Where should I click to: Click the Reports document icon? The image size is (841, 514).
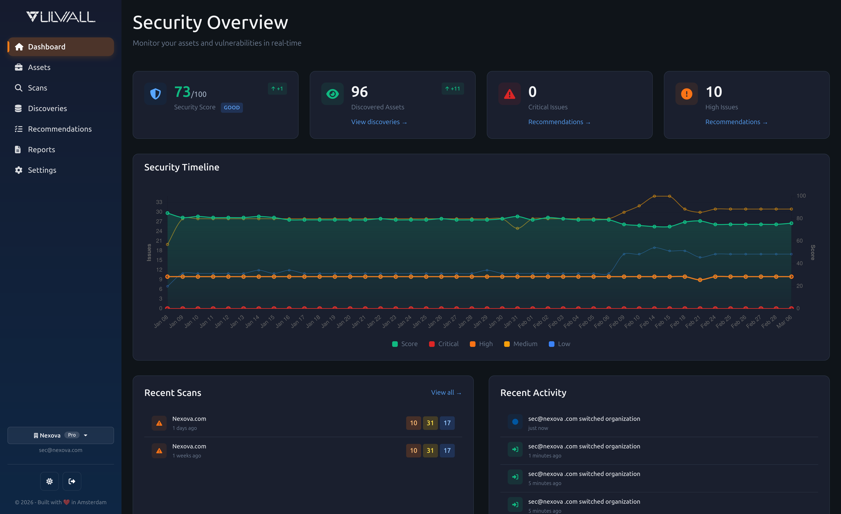pyautogui.click(x=18, y=150)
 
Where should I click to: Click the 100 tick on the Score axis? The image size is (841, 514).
pyautogui.click(x=801, y=196)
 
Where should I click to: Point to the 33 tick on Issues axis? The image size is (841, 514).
pyautogui.click(x=159, y=202)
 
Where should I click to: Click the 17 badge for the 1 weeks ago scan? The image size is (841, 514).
pyautogui.click(x=447, y=450)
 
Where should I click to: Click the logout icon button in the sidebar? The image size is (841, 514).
pyautogui.click(x=72, y=481)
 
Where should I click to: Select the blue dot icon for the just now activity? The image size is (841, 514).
pyautogui.click(x=515, y=422)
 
